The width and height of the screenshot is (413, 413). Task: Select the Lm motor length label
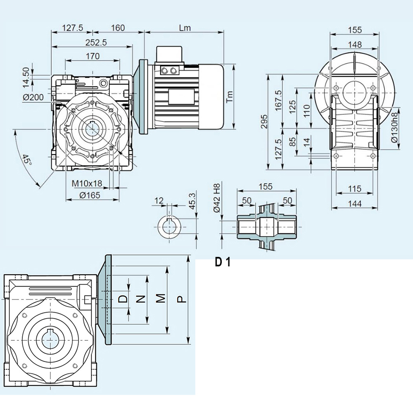point(185,28)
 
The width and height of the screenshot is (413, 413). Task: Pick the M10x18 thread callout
point(87,183)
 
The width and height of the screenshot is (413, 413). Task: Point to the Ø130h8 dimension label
point(394,128)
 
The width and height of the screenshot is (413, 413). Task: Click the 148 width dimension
point(354,44)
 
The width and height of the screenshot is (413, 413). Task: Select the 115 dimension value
point(354,189)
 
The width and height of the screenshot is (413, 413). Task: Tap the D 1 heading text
point(223,263)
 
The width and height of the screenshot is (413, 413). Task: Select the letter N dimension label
point(141,299)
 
